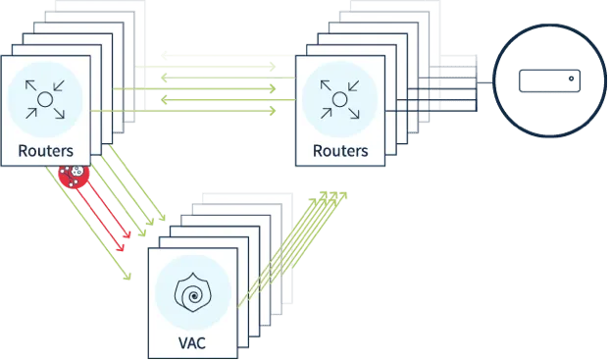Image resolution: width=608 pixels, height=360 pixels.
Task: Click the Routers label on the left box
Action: [46, 151]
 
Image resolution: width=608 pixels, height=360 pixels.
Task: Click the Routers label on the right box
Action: [340, 151]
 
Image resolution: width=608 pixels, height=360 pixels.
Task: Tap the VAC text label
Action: [192, 343]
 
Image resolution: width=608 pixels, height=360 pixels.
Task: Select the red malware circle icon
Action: [74, 176]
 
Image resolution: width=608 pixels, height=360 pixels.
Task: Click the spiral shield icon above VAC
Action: [193, 292]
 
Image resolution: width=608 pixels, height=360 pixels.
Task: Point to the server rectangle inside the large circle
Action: [550, 81]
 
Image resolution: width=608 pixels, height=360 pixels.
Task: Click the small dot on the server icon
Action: [571, 78]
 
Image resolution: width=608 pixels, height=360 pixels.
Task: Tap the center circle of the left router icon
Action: [45, 100]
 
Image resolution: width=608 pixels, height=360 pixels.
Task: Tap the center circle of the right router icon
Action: [339, 100]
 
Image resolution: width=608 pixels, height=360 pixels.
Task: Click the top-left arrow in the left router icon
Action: [30, 85]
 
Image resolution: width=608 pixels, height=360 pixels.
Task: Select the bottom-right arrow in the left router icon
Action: [59, 114]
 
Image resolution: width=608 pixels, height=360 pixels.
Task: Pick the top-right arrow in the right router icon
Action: [354, 85]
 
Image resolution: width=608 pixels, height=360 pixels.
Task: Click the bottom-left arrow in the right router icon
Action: [327, 113]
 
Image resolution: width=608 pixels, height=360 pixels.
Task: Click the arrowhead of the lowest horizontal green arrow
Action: [273, 111]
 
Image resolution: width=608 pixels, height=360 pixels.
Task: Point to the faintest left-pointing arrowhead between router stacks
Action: [164, 56]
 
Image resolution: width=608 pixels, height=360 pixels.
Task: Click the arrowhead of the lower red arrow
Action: [121, 247]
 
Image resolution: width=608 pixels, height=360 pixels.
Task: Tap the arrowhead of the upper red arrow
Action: [127, 233]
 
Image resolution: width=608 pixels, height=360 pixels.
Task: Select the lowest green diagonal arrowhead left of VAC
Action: [127, 276]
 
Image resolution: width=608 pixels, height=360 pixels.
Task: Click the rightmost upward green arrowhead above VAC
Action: [343, 195]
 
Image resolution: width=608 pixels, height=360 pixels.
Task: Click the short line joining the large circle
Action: [485, 82]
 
